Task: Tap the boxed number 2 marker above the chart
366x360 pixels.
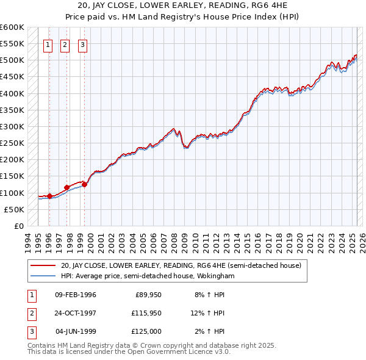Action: click(x=65, y=44)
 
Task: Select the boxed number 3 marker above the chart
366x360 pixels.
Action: click(x=82, y=44)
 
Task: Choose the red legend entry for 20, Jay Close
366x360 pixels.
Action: click(x=181, y=265)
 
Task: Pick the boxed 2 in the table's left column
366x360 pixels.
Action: click(x=31, y=313)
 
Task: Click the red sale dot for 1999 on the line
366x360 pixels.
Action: click(x=85, y=184)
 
